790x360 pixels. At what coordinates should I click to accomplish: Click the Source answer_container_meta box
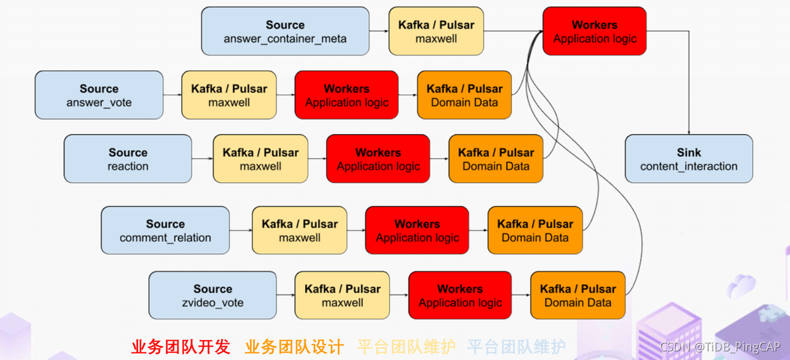coord(285,31)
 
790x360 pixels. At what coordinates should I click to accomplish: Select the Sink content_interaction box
coord(689,159)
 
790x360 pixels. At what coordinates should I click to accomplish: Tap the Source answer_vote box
coord(99,95)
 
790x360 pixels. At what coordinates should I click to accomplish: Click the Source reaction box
coord(128,159)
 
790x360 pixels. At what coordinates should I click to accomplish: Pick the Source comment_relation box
coord(165,230)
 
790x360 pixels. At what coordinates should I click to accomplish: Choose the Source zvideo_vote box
coord(212,295)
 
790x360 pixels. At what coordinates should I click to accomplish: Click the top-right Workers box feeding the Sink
coord(594,31)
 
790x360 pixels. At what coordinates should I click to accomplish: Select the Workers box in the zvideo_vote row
coord(460,295)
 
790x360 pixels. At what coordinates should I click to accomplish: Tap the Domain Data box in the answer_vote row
coord(464,95)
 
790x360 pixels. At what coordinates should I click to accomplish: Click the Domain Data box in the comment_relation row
coord(534,230)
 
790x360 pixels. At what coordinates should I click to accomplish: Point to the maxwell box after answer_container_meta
coord(436,31)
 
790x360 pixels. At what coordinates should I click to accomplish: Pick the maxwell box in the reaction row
coord(260,159)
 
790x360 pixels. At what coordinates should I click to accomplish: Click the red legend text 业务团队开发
coord(180,347)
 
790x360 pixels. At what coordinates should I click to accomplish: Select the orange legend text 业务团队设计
coord(294,347)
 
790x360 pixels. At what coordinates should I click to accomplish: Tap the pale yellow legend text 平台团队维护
coord(406,347)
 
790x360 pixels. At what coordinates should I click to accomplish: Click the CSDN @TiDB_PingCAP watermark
coord(720,347)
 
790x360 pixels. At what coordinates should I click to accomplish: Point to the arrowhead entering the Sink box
coord(689,132)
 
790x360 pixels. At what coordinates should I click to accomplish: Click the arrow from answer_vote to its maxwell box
coord(172,95)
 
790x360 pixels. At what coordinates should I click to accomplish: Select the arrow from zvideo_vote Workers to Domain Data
coord(520,295)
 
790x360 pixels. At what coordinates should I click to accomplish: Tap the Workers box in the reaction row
coord(378,159)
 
